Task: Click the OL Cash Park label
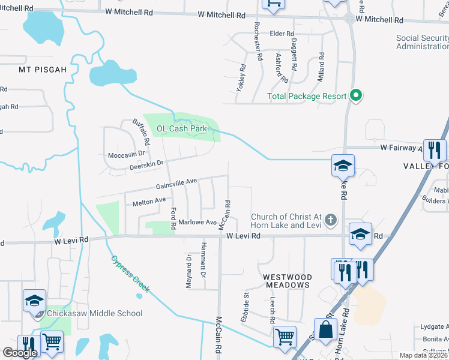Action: (181, 128)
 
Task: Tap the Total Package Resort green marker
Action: (355, 95)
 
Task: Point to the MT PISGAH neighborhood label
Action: (42, 70)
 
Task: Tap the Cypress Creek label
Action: (130, 275)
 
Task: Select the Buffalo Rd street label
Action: (141, 132)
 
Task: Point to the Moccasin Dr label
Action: (122, 155)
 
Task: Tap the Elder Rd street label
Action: (282, 34)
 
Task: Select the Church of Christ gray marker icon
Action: (330, 220)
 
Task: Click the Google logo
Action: (20, 353)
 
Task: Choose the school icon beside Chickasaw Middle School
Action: (34, 300)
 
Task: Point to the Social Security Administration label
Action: (422, 42)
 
